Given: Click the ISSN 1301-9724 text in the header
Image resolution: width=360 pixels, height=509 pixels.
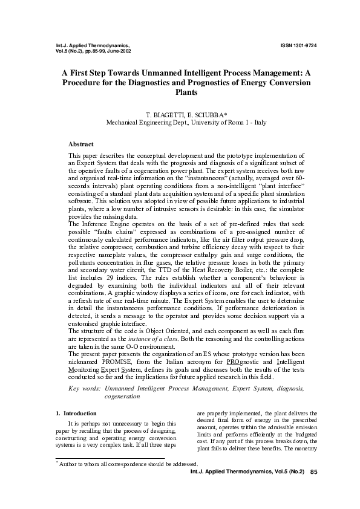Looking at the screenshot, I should (299, 45).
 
